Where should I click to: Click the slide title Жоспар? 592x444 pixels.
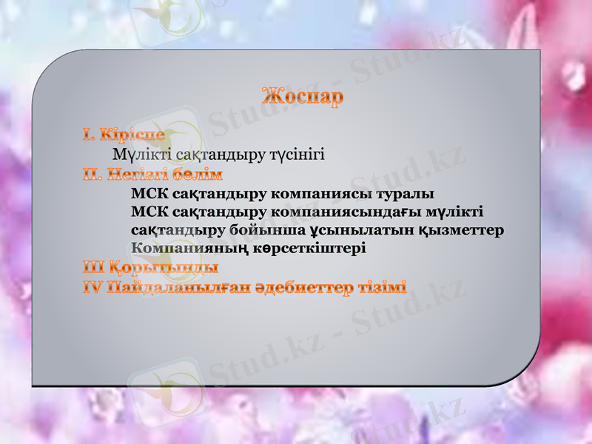302,97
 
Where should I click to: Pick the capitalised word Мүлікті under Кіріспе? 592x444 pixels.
138,155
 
